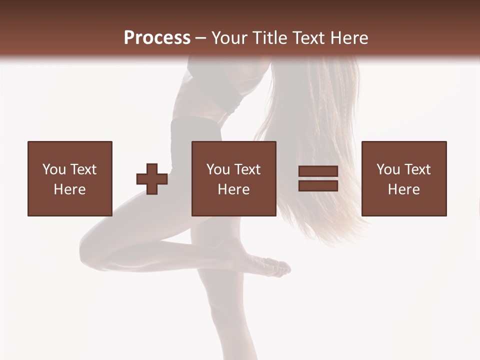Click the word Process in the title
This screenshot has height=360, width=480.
[157, 38]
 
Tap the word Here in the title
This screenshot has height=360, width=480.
[347, 38]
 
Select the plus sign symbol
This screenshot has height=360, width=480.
[152, 178]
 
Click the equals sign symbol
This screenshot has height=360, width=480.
[318, 178]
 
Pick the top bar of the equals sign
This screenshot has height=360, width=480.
[318, 171]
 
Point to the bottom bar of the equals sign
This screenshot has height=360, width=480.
[318, 185]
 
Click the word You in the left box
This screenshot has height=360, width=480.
[54, 169]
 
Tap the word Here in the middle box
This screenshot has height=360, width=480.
[234, 189]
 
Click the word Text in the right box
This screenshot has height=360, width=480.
[417, 169]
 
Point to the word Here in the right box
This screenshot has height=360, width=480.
[404, 189]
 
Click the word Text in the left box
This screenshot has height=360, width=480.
[83, 169]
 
